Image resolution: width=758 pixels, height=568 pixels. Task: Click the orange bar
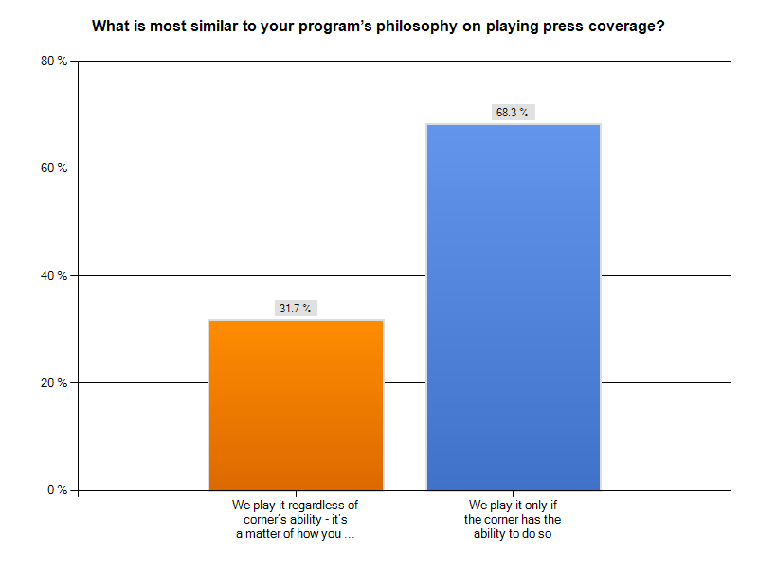click(296, 405)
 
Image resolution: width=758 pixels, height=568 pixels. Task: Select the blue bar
click(514, 307)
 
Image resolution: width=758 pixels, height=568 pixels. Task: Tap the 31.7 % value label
click(296, 309)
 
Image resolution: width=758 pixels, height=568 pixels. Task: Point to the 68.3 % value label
click(514, 113)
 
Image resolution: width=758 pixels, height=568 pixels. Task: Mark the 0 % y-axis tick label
click(58, 490)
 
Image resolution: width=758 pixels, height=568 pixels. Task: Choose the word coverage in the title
click(622, 27)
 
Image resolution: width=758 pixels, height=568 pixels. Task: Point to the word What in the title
click(110, 27)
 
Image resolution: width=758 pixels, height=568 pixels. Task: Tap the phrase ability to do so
click(514, 534)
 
